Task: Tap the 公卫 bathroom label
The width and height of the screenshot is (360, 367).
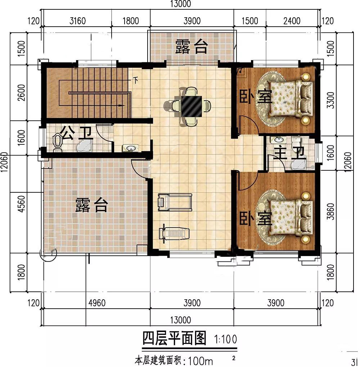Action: (x=76, y=134)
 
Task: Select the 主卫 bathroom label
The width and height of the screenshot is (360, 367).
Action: (x=289, y=153)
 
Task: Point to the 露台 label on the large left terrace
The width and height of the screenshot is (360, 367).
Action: (x=91, y=205)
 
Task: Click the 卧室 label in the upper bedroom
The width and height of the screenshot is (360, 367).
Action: (x=256, y=97)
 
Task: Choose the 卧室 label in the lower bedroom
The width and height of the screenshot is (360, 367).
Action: (x=256, y=218)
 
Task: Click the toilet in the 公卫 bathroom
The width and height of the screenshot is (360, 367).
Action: (x=57, y=141)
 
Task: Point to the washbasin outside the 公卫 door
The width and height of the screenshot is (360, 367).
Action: (x=130, y=148)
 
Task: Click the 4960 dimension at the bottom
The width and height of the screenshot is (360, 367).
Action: (x=97, y=303)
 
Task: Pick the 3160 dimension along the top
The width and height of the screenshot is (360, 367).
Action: (x=78, y=21)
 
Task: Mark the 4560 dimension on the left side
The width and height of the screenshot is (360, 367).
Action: (x=21, y=203)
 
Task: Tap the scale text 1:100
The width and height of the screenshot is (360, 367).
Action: (x=225, y=339)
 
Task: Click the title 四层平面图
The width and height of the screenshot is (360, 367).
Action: (x=174, y=338)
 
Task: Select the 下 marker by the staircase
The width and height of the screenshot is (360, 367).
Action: (x=135, y=80)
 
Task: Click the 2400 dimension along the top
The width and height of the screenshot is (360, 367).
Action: (x=292, y=21)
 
